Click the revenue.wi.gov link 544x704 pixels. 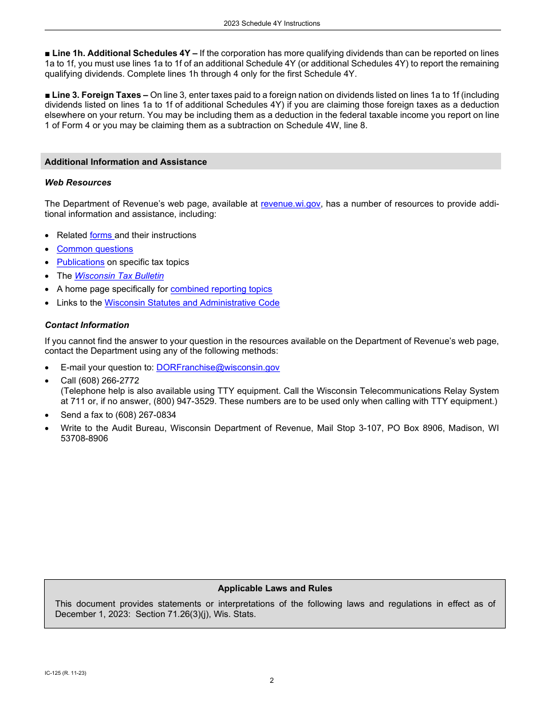point(290,204)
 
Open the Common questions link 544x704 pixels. point(94,249)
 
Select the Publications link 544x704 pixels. point(80,262)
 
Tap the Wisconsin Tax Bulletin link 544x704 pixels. point(119,276)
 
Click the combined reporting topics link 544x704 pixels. point(221,289)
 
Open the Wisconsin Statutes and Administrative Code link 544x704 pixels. point(192,303)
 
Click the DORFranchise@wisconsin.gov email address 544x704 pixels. point(218,367)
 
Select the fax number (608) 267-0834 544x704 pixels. point(145,415)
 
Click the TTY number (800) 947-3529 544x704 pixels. point(184,401)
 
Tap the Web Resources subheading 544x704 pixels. point(78,183)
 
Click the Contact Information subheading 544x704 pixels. point(87,325)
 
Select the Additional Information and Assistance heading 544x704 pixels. point(125,162)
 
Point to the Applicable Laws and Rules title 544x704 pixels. point(275,588)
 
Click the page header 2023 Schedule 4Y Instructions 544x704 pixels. point(272,23)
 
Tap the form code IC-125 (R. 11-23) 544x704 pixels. point(65,673)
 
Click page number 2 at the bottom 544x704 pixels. point(272,681)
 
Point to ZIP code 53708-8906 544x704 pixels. point(84,438)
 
